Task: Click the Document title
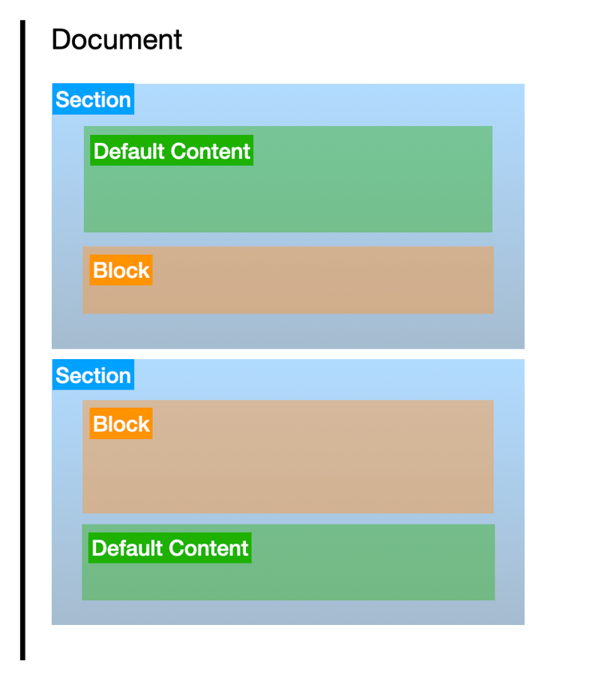(x=117, y=39)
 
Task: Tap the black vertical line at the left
(x=23, y=340)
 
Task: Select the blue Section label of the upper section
(x=93, y=99)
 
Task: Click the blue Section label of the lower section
(x=93, y=375)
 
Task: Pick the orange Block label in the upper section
(x=121, y=271)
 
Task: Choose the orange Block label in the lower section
(x=121, y=424)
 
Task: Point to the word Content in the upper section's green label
(x=210, y=151)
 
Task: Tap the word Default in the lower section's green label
(x=127, y=548)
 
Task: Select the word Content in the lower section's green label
(x=208, y=548)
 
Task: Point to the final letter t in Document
(x=178, y=41)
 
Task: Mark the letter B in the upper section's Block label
(x=100, y=271)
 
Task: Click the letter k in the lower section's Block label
(x=144, y=424)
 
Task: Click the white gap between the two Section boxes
(x=288, y=354)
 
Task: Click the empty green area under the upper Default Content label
(x=288, y=200)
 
